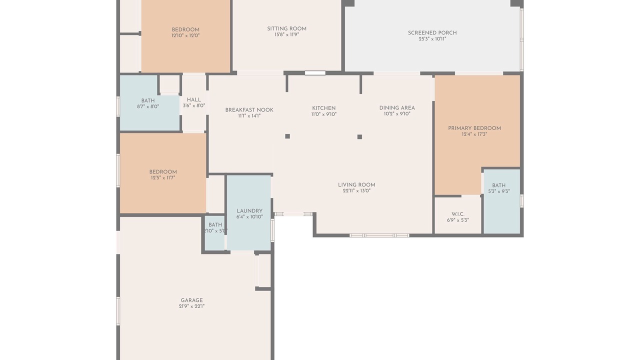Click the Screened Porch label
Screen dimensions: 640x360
tap(432, 33)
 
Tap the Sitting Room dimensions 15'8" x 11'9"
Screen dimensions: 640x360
tap(287, 34)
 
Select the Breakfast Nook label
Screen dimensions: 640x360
tap(249, 110)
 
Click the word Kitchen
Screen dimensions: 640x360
tap(323, 108)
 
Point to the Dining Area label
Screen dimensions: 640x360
tap(397, 108)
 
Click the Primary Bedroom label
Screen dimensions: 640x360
tap(474, 128)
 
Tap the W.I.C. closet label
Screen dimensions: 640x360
tap(458, 214)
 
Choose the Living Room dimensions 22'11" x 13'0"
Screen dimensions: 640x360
tap(356, 191)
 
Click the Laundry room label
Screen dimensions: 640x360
tap(249, 211)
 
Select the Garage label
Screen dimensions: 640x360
tap(191, 300)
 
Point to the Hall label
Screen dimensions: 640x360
tap(193, 99)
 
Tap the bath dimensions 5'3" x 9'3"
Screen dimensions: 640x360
tap(499, 191)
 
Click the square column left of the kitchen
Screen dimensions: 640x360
tap(287, 136)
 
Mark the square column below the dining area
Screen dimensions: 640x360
tap(359, 137)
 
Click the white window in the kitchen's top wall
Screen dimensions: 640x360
tap(315, 73)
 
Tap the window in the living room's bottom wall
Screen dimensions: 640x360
tap(379, 235)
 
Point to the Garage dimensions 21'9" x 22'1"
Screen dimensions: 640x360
tap(191, 306)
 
